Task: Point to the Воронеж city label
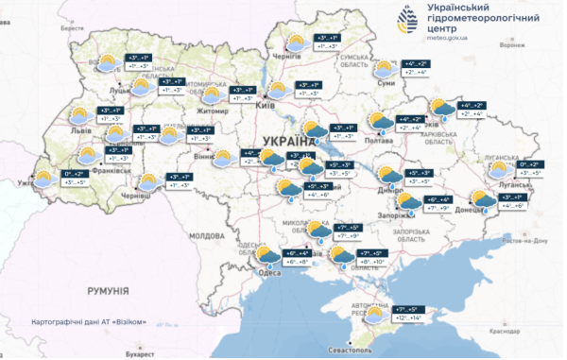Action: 510,44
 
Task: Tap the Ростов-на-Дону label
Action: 527,241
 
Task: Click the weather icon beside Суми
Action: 385,68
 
